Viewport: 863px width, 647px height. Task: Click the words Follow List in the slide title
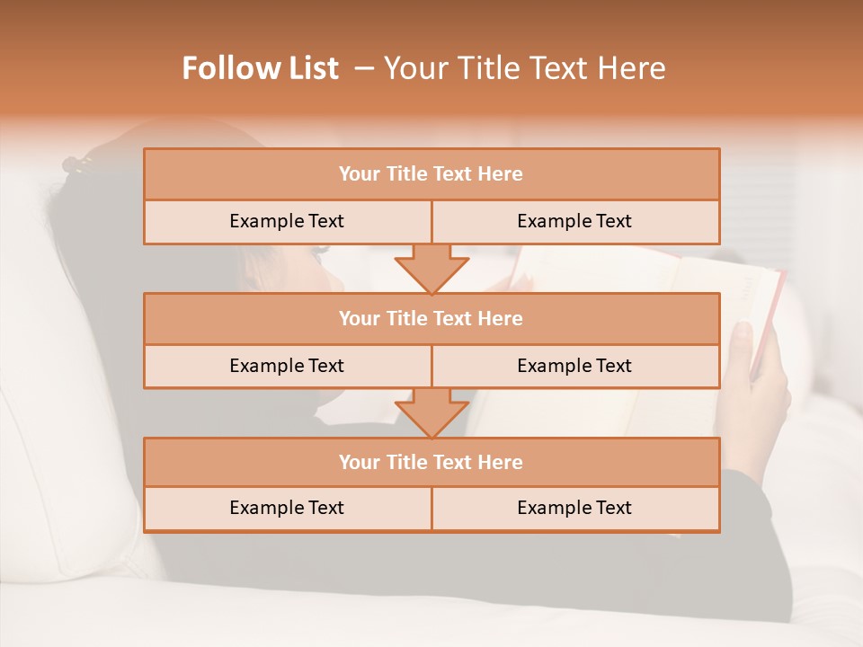(260, 68)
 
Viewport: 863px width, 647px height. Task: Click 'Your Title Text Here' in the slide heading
(524, 68)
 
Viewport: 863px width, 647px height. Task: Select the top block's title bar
(431, 174)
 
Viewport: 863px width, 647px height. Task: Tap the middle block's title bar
(431, 318)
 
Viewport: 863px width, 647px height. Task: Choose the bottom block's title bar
(431, 462)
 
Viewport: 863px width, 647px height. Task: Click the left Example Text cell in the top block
(287, 221)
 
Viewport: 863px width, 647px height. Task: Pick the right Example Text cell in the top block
(574, 221)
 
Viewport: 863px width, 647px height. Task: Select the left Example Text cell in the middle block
(287, 366)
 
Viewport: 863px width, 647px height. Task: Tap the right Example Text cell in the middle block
(574, 366)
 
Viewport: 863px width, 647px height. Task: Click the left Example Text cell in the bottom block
(287, 508)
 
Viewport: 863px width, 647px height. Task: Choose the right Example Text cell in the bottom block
(574, 508)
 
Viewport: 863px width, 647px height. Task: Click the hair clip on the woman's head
(77, 165)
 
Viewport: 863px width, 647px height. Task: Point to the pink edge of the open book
(771, 315)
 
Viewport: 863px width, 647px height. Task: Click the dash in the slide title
(364, 68)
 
